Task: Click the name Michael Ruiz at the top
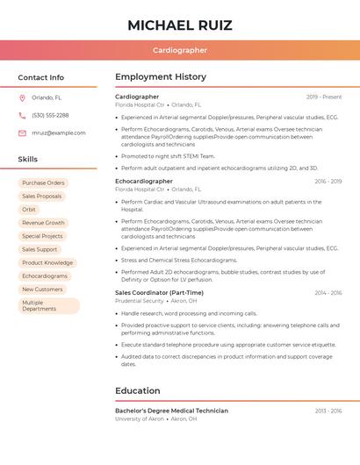coord(179,25)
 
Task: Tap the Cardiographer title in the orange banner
coord(179,51)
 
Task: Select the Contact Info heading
coord(40,77)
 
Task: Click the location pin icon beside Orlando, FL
coord(22,97)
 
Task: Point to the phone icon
coord(22,115)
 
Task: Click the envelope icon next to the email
coord(22,133)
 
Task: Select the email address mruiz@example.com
coord(59,133)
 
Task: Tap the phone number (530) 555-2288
coord(50,115)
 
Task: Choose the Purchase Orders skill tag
coord(43,183)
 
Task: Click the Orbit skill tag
coord(29,210)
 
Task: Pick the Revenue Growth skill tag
coord(43,223)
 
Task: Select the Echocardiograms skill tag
coord(45,275)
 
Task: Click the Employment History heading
coord(161,77)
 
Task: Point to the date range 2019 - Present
coord(324,97)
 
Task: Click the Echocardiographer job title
coord(144,181)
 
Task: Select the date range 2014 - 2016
coord(328,293)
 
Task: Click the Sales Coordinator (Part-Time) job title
coord(159,293)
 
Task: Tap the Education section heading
coord(138,390)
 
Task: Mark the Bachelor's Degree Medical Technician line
coord(171,411)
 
